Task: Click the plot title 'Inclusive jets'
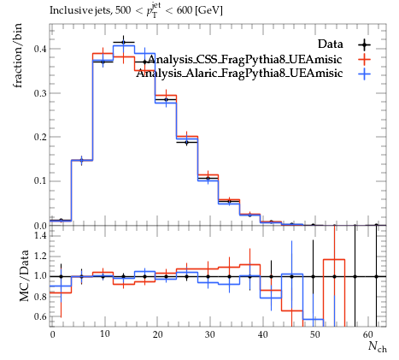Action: [81, 10]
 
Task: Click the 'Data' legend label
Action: [331, 44]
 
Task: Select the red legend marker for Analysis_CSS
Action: [365, 59]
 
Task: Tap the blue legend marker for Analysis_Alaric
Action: [365, 74]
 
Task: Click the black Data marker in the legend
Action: [365, 44]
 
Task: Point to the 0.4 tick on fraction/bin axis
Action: [41, 49]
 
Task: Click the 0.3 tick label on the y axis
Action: [41, 93]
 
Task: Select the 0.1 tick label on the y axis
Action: [41, 181]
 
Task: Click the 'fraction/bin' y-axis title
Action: [18, 56]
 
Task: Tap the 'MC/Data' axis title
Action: [25, 275]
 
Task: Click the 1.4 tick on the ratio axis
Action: [41, 236]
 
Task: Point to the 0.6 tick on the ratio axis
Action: [41, 316]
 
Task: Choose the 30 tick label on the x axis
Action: [209, 334]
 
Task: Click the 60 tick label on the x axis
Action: [367, 334]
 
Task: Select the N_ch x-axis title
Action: [378, 347]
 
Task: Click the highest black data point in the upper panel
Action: [123, 43]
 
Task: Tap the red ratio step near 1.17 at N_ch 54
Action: [334, 259]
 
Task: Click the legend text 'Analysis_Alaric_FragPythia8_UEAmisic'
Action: [239, 74]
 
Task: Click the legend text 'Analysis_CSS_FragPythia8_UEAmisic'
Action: [245, 60]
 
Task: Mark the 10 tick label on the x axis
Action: [105, 334]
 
